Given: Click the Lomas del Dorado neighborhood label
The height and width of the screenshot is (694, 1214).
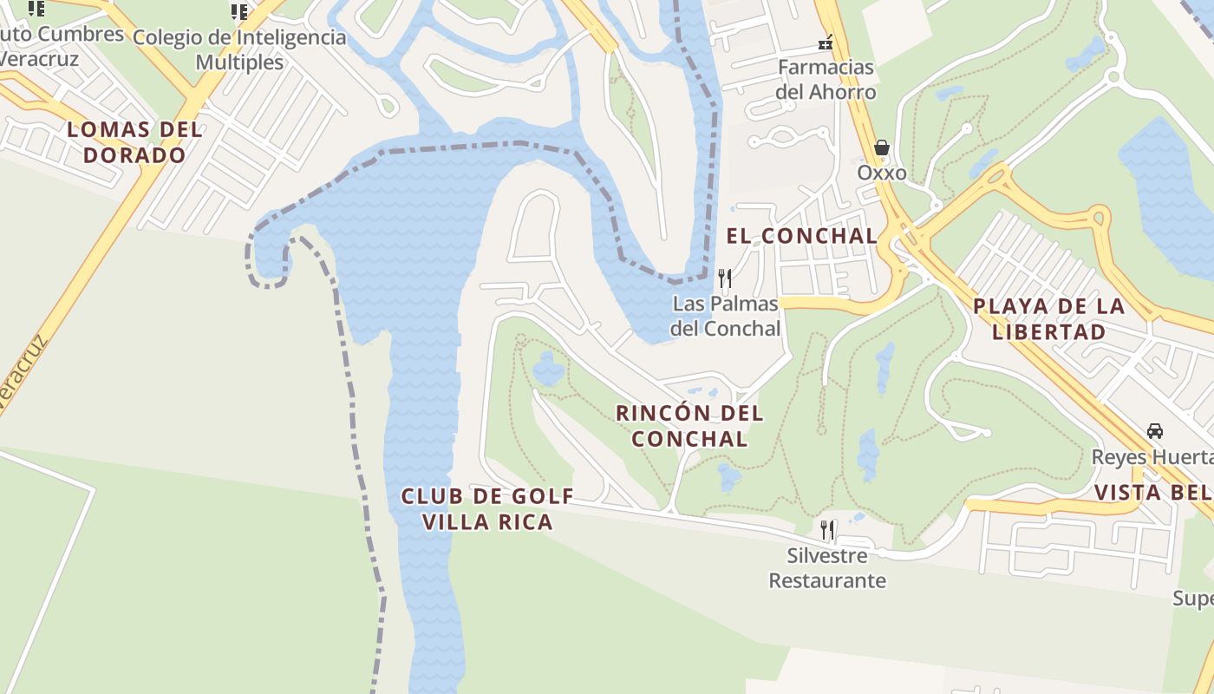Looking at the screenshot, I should click(134, 142).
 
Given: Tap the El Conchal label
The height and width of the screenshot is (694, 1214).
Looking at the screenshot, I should click(801, 235).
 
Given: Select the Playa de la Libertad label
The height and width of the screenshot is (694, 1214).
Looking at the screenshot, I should click(1049, 318).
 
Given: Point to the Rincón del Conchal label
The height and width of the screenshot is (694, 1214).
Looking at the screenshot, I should click(689, 425).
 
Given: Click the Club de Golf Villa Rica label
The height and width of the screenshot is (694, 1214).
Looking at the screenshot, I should click(487, 508).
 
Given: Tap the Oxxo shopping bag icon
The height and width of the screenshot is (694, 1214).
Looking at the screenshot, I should click(882, 147).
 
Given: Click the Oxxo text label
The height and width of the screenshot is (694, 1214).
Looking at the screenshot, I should click(882, 173).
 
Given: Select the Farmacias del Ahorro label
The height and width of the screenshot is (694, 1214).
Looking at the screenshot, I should click(826, 79).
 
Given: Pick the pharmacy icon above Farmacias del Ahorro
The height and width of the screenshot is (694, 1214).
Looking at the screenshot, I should click(826, 42).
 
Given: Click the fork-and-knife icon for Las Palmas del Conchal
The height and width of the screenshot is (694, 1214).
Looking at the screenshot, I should click(725, 278).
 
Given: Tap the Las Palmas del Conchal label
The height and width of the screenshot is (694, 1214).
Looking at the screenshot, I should click(726, 316).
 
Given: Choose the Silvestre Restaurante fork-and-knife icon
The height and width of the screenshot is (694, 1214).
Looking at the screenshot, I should click(827, 529).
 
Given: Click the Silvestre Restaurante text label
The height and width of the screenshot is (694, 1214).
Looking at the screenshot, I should click(827, 567).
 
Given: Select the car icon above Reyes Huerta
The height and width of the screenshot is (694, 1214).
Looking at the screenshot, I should click(1155, 431).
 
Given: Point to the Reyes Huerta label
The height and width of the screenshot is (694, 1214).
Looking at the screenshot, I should click(1152, 457).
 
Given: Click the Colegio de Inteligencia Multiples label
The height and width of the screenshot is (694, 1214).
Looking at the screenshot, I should click(239, 49).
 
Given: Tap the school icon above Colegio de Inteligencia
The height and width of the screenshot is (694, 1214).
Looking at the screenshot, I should click(239, 12).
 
